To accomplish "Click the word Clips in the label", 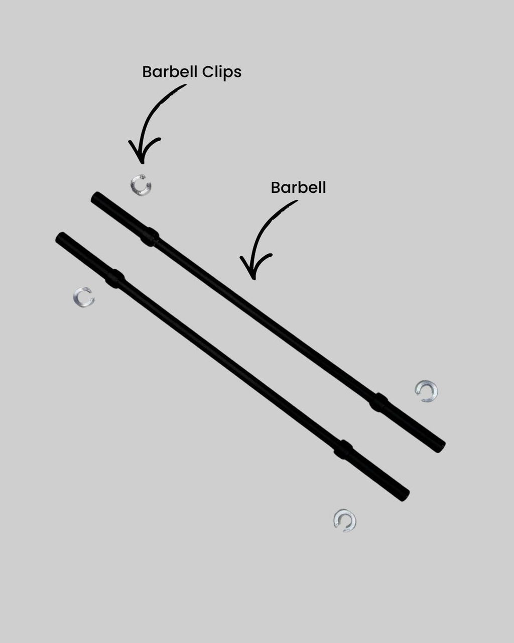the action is tap(221, 72).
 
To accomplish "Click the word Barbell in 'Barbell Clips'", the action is tap(170, 72).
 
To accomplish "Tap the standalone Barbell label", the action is tap(298, 188).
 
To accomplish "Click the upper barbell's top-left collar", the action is tap(150, 237).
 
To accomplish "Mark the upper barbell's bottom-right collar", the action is tap(378, 402).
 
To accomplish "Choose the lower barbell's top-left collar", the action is tap(114, 278).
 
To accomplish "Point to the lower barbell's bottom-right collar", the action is tap(343, 449).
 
